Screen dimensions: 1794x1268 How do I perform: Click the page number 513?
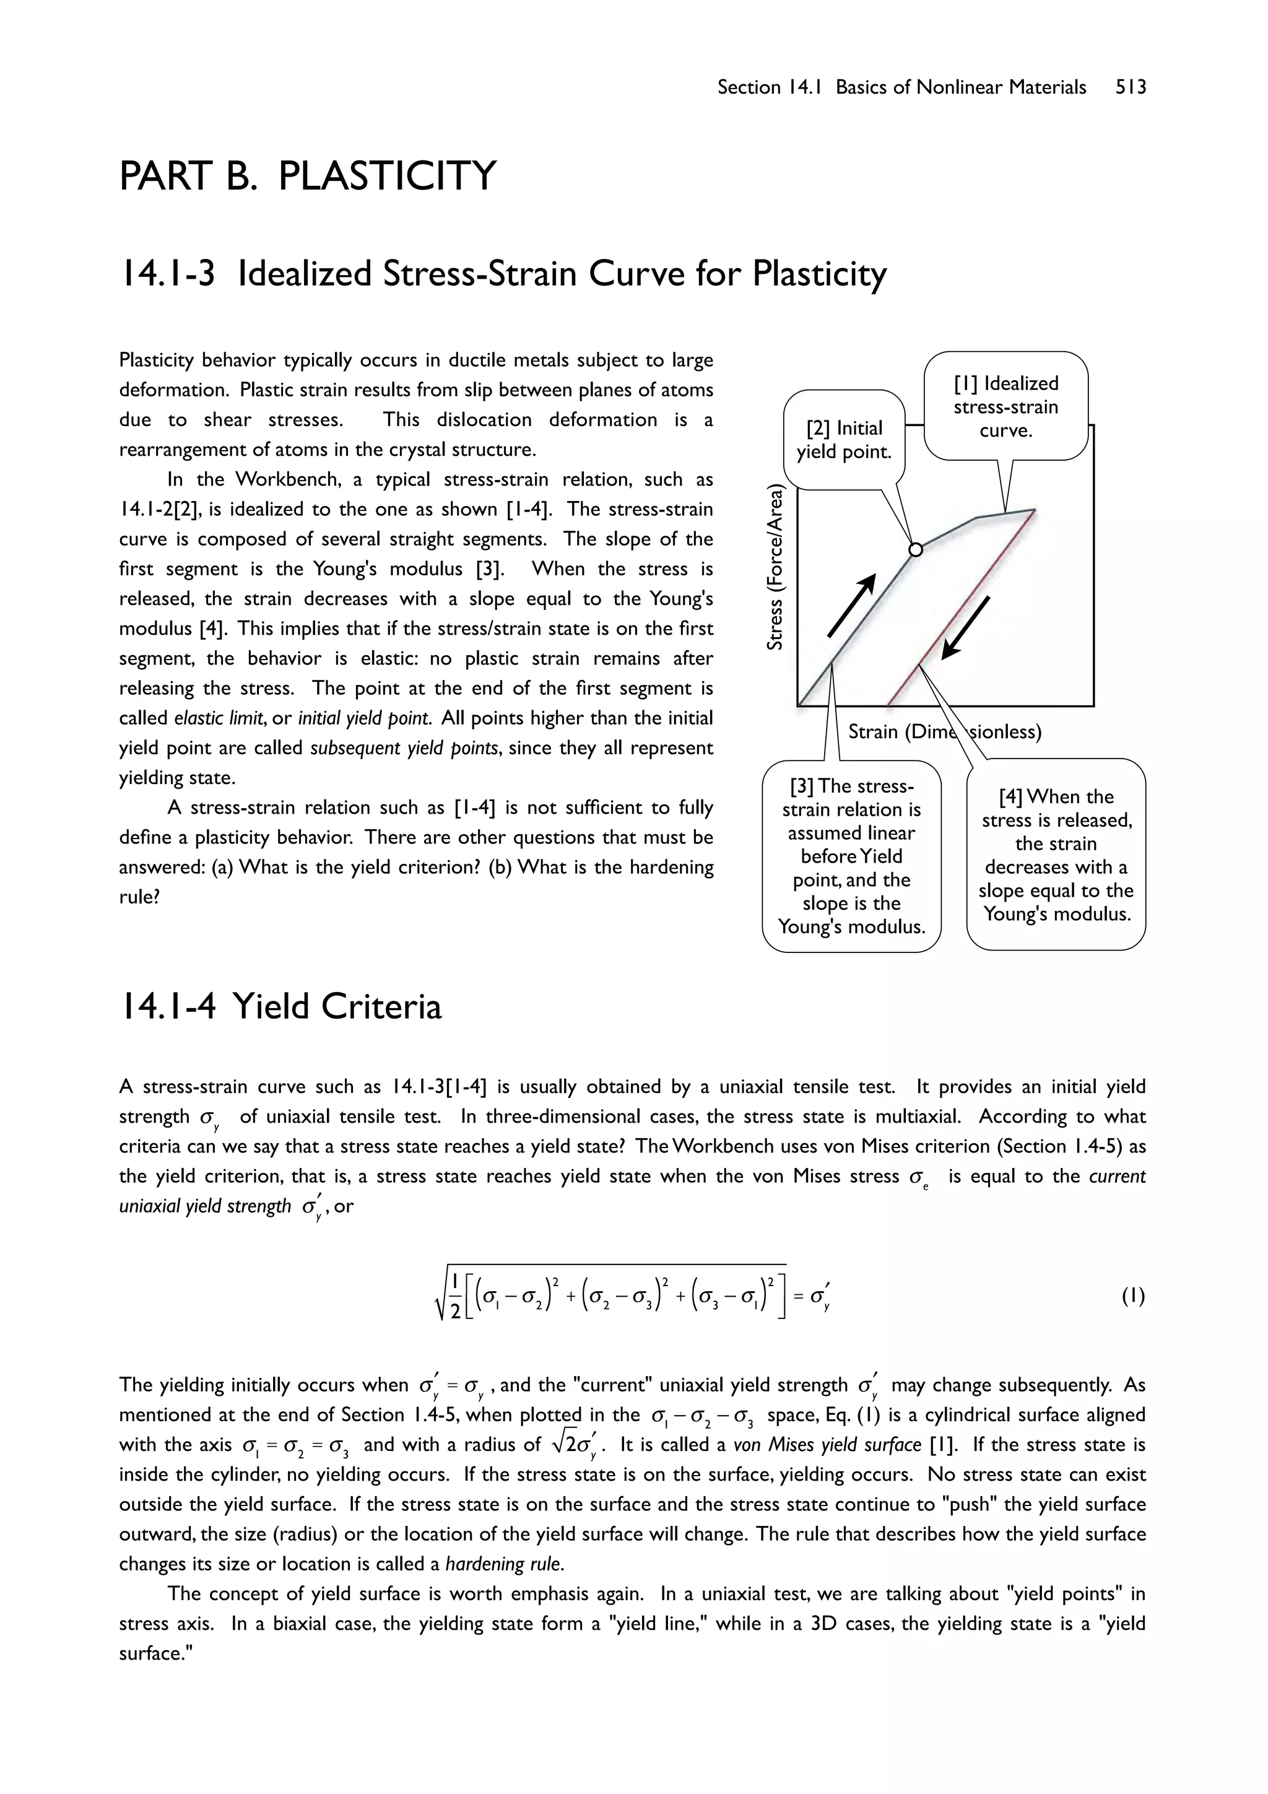point(1130,87)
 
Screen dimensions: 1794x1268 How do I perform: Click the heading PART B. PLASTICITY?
point(307,175)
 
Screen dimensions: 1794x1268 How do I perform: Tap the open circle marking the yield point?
point(916,550)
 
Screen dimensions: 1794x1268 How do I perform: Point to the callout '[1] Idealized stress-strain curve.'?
point(1005,406)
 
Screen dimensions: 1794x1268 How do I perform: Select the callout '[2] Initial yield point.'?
point(844,439)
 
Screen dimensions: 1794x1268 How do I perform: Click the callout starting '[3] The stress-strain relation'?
point(851,856)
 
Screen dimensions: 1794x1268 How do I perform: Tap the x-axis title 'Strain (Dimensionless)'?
point(945,731)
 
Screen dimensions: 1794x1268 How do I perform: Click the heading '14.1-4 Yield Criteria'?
point(280,1006)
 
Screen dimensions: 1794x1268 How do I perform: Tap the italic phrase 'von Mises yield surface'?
point(827,1444)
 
